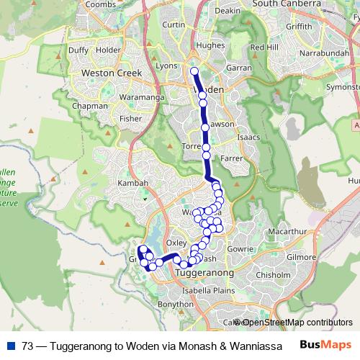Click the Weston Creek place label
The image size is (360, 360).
point(113,73)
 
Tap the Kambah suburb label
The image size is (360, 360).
point(132,183)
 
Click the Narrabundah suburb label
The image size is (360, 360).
point(307,53)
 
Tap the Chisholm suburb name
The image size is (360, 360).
point(273,274)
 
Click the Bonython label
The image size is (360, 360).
point(176,305)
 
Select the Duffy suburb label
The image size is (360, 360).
point(77,50)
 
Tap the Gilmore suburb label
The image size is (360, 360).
point(301,256)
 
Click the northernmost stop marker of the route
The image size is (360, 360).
point(194,71)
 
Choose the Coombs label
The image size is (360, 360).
point(100,4)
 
